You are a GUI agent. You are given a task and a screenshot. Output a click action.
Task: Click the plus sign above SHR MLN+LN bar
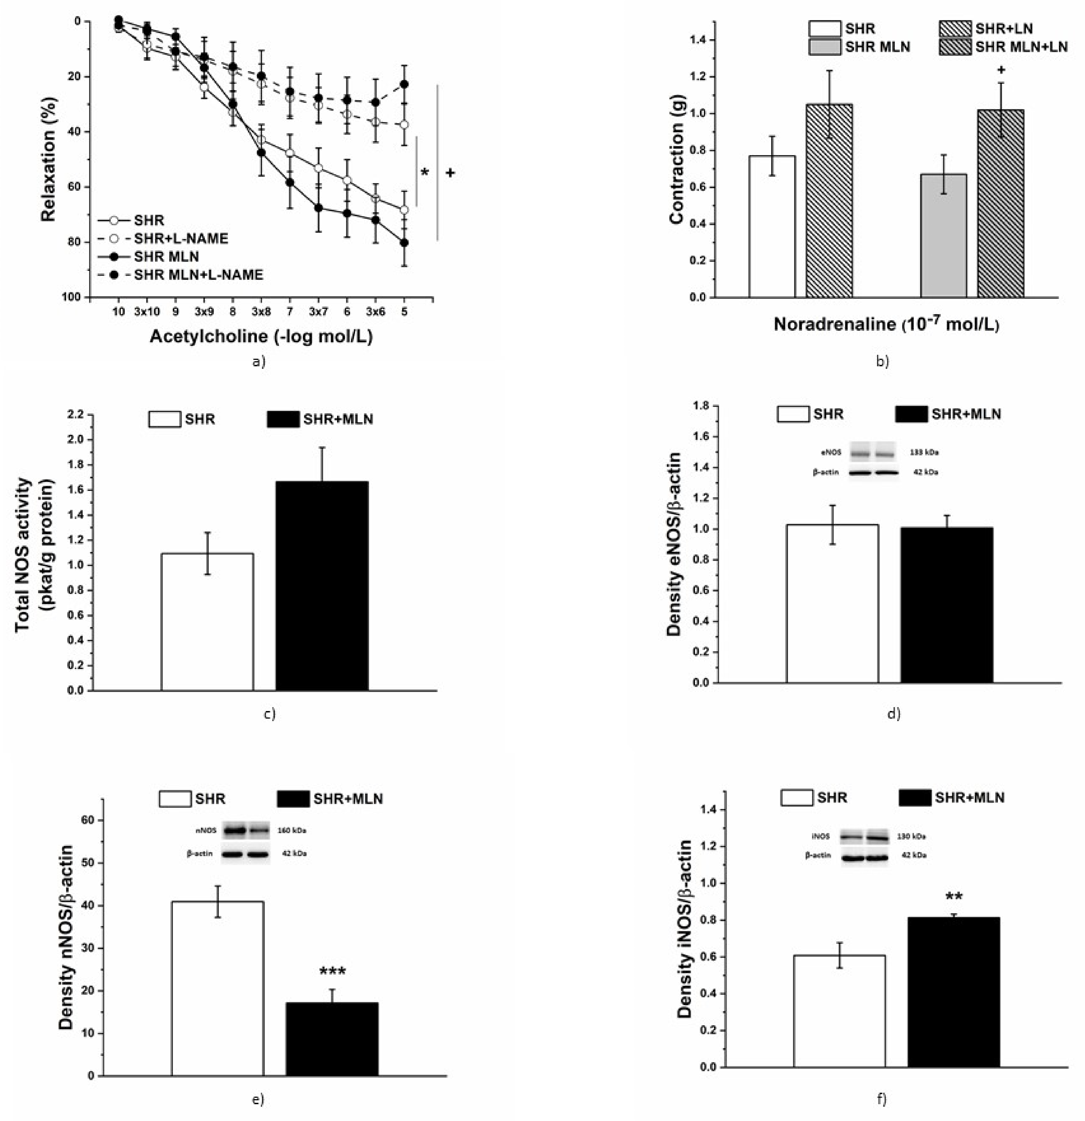click(x=1001, y=70)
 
